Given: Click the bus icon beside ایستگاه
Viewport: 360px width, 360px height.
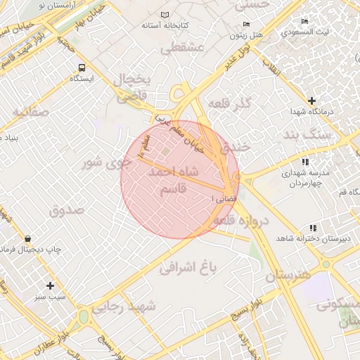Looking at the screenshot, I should pos(82,68).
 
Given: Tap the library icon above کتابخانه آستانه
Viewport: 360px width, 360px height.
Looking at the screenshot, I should pos(165,15).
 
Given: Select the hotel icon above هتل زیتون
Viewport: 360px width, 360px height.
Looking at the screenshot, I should pos(234,22).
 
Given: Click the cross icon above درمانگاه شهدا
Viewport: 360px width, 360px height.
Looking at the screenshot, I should pos(312,101).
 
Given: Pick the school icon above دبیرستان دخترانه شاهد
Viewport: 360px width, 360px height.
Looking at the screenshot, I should pos(312,228).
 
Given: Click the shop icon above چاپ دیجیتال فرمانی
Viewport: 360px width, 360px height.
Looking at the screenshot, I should pos(27,238).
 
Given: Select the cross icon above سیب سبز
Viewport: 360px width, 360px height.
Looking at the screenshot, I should pos(50,285).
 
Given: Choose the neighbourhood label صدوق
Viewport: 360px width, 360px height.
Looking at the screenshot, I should pos(67,210).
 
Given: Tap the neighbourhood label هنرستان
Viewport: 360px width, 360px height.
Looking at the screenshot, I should pos(287,275).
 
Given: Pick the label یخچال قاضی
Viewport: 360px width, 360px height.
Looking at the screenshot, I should pos(131,87).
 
